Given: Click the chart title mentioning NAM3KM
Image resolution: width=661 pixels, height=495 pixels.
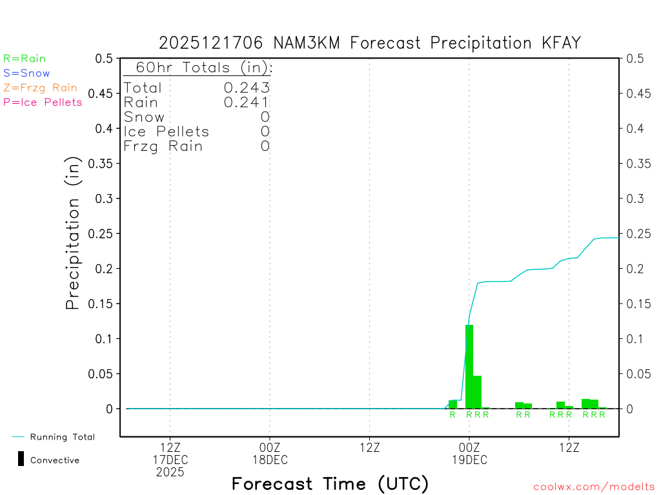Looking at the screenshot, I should (370, 43).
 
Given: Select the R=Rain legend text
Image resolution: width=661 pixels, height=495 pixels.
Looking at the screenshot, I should (25, 59).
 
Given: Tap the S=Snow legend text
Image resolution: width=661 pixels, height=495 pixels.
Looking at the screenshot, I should (26, 73).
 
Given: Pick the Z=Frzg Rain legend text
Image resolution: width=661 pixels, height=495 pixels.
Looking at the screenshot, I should (40, 88).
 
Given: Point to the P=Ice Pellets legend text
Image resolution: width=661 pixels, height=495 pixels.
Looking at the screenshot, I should (43, 102).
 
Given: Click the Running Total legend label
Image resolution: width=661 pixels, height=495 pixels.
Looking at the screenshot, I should (62, 437).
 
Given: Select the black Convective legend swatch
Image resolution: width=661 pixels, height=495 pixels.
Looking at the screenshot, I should (21, 459).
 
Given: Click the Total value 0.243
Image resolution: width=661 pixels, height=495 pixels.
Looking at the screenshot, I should (247, 88).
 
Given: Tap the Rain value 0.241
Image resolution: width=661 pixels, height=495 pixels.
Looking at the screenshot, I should (247, 102).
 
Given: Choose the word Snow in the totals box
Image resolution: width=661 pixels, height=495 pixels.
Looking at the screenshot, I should (144, 117).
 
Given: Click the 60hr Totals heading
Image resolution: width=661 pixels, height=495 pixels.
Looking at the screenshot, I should (199, 68).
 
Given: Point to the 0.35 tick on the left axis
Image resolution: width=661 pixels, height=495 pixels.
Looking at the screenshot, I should (103, 164).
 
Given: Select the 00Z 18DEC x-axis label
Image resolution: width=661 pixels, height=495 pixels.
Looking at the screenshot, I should (270, 454).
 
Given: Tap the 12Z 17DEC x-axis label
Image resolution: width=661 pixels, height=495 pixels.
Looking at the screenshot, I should (170, 454).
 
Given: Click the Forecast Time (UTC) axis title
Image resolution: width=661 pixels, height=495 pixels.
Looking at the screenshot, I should (330, 483).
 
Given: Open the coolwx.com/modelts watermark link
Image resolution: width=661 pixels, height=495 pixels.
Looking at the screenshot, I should (594, 487).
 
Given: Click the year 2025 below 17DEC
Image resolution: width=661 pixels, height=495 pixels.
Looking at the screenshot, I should (170, 472).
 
